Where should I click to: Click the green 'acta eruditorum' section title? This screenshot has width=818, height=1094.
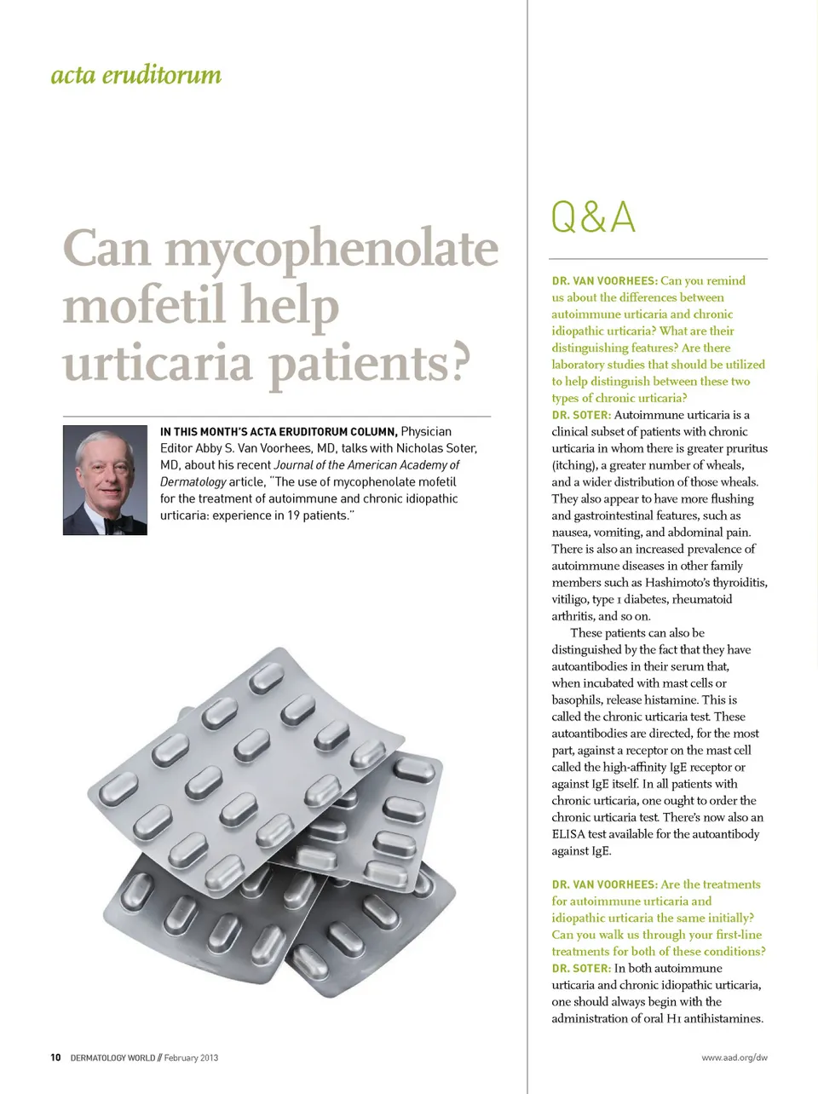pos(135,75)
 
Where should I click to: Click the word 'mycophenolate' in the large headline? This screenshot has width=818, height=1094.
pos(331,249)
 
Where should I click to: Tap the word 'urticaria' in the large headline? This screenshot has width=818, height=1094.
pos(158,364)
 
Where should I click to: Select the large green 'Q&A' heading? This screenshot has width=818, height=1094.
pos(593,216)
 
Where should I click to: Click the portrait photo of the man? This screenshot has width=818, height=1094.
pos(105,480)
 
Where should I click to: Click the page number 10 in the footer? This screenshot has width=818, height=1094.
pos(55,1057)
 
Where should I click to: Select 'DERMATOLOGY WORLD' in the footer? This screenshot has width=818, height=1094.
pos(112,1057)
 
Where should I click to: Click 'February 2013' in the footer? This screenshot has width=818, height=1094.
pos(191,1057)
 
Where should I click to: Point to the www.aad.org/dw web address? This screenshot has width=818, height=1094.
pos(734,1057)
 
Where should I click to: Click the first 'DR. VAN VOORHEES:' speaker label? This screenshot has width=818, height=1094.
pos(604,280)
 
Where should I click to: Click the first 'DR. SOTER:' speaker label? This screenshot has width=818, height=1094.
pos(581,415)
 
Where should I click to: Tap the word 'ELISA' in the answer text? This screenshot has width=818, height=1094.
pos(567,834)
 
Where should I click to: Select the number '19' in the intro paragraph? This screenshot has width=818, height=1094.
pos(294,515)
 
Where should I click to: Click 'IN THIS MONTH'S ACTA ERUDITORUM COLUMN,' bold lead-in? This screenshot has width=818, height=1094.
pos(278,432)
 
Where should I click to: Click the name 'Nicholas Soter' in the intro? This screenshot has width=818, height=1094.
pos(435,448)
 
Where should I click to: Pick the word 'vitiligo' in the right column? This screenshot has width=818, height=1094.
pos(569,599)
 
